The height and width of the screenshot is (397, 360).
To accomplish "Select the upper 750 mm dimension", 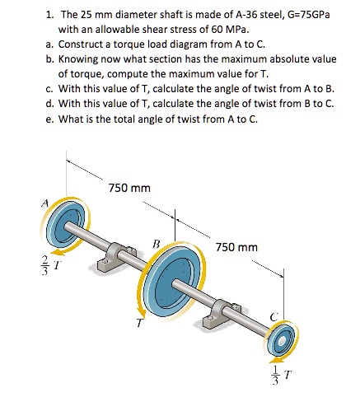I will click(129, 188).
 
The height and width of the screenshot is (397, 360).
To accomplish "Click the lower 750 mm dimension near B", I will click(236, 247).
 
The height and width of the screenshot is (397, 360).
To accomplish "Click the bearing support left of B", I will click(109, 264).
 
